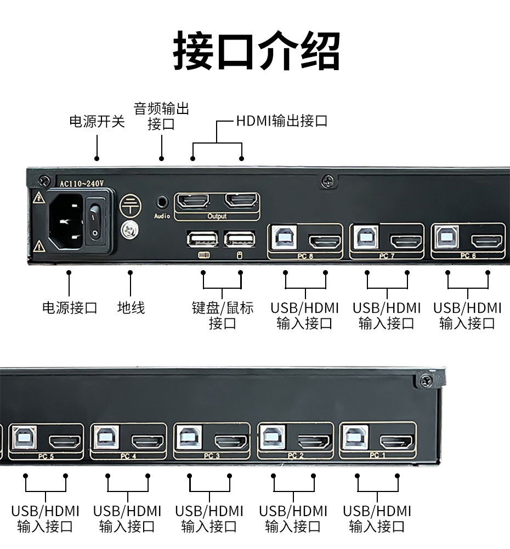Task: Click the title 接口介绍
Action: click(x=256, y=52)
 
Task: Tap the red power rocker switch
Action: click(x=97, y=221)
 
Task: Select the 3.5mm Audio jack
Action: click(x=162, y=202)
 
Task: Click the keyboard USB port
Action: click(x=201, y=239)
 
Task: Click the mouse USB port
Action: click(x=240, y=239)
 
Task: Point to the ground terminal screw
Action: click(x=129, y=230)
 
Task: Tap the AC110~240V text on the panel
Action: click(x=81, y=184)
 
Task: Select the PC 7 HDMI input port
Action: click(x=406, y=241)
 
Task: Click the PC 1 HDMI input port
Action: click(x=396, y=441)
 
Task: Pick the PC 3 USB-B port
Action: click(x=190, y=438)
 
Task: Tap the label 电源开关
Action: click(x=97, y=122)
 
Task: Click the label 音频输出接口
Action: click(x=161, y=116)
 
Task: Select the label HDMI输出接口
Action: click(x=281, y=121)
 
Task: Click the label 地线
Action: click(x=131, y=307)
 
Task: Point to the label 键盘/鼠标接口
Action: click(x=222, y=315)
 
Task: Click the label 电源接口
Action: click(x=70, y=307)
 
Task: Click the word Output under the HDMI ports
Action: click(x=217, y=216)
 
